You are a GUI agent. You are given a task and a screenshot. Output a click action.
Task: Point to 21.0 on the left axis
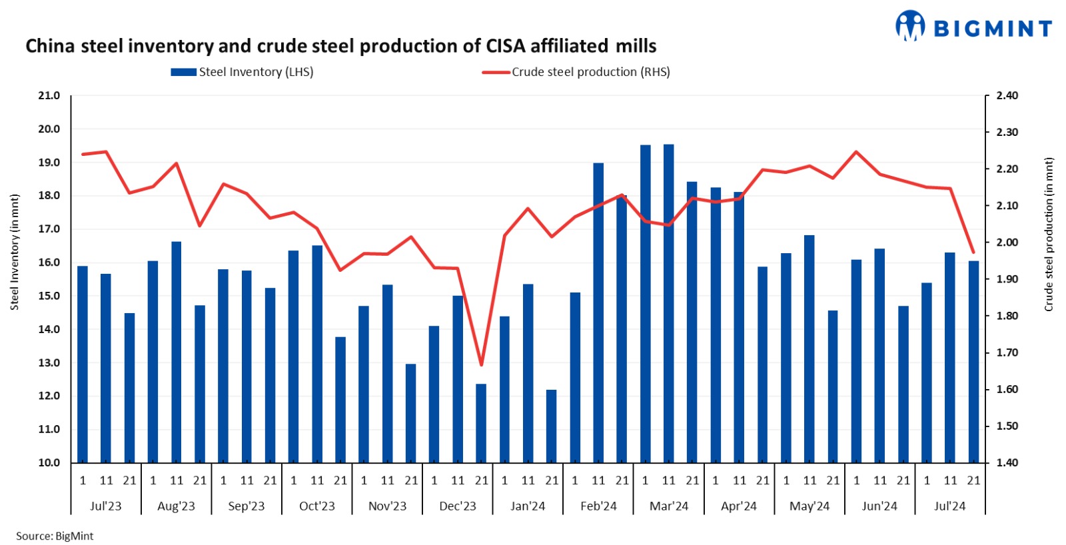[49, 96]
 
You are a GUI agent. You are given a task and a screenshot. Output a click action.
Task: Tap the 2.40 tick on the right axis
[1007, 96]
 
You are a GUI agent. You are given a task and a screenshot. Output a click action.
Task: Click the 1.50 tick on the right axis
[1007, 426]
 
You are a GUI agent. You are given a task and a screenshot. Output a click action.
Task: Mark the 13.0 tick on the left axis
[49, 362]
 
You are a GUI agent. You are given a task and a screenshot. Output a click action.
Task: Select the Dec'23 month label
[458, 506]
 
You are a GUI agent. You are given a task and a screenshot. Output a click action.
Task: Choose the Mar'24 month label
[668, 506]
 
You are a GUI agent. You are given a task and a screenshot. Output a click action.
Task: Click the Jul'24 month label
[949, 506]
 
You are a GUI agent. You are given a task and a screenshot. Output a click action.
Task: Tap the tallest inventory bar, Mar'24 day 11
[668, 303]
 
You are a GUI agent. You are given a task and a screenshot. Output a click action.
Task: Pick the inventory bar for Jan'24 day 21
[552, 426]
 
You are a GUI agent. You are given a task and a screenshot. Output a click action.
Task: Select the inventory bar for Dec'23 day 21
[481, 423]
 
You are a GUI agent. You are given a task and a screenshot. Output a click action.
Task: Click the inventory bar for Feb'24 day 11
[598, 313]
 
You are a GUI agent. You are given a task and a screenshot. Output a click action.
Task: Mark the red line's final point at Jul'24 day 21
[973, 253]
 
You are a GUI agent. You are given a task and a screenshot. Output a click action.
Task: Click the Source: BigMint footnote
[55, 536]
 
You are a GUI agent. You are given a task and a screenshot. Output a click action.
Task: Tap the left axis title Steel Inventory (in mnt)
[15, 252]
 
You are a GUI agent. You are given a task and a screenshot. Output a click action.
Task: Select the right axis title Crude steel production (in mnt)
[1049, 235]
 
